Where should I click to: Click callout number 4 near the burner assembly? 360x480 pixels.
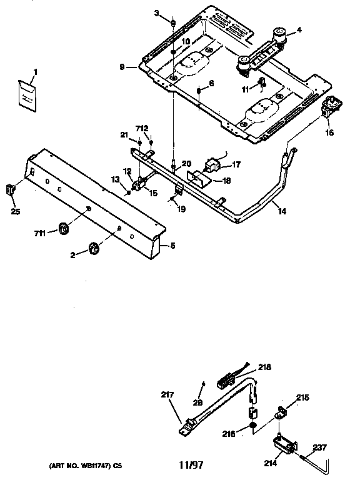click(x=299, y=29)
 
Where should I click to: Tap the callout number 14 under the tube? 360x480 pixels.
click(x=282, y=212)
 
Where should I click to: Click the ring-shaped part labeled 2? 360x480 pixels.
click(x=92, y=249)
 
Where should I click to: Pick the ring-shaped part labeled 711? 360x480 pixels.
click(x=64, y=229)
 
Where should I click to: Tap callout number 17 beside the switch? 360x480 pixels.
click(x=236, y=166)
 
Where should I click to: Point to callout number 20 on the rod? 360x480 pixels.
click(x=186, y=164)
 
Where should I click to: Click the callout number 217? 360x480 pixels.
click(x=168, y=394)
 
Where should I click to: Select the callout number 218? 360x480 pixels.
click(x=265, y=368)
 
